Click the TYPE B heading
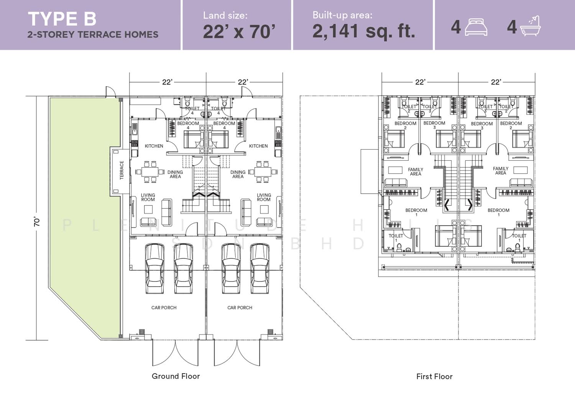pos(62,19)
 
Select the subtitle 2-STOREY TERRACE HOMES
pos(93,35)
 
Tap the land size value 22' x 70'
pos(239,31)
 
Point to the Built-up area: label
pos(342,15)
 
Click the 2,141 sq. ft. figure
pos(363,31)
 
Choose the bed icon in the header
pos(476,27)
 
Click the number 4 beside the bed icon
pos(456,27)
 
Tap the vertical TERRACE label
pos(122,170)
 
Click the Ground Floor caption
pos(176,376)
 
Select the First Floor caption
pos(434,376)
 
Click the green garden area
pos(85,206)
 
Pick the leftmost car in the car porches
pos(155,269)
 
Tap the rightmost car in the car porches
pos(260,269)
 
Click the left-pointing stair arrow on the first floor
pos(447,205)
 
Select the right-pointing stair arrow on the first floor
pos(470,205)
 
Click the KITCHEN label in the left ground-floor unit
pos(154,146)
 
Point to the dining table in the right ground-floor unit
pos(262,171)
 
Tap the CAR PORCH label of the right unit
pos(240,308)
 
